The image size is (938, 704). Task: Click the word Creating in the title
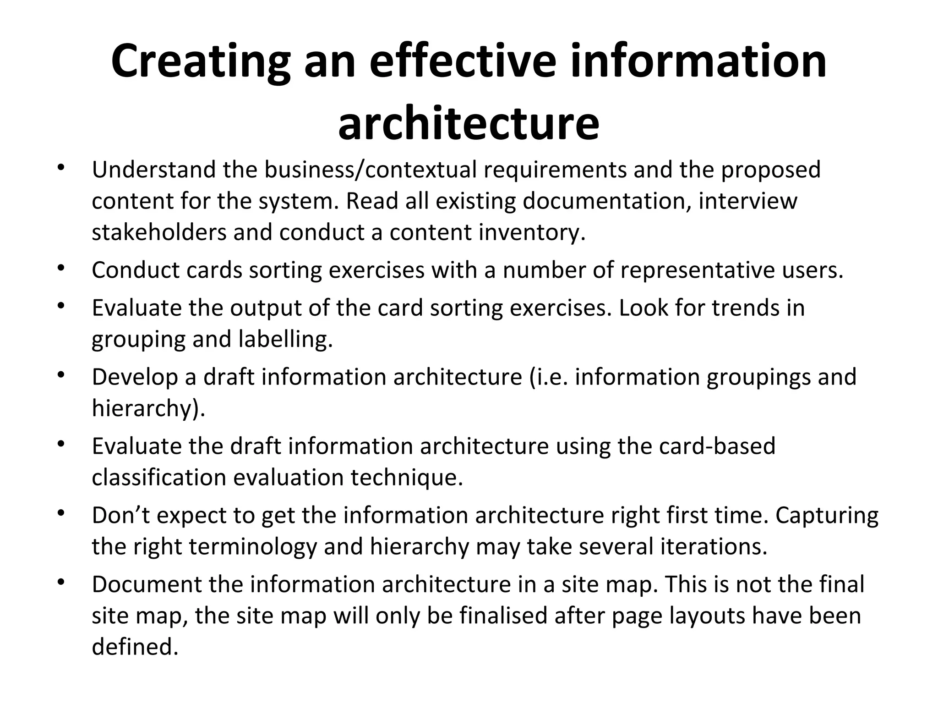tap(201, 61)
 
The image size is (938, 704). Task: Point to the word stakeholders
tap(159, 232)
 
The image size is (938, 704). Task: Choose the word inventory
tap(532, 232)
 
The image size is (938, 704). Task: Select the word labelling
tap(285, 339)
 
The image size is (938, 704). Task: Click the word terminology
tap(252, 546)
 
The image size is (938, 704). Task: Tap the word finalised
tap(503, 616)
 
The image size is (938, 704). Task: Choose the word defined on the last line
tap(135, 647)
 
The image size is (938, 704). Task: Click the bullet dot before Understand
tap(60, 167)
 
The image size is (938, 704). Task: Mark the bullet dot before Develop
tap(60, 374)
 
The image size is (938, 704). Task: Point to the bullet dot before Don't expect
tap(60, 513)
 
